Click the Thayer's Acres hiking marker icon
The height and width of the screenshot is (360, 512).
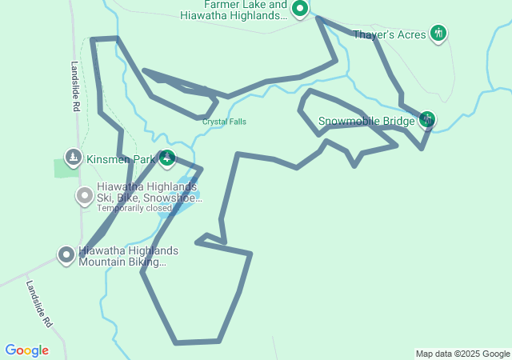tap(438, 33)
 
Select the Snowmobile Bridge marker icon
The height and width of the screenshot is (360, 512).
tap(427, 120)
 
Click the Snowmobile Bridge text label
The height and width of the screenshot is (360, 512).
tap(366, 122)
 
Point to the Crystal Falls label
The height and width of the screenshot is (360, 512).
tap(224, 122)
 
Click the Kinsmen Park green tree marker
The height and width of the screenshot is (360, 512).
tap(166, 158)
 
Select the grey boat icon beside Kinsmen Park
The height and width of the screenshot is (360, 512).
tap(73, 158)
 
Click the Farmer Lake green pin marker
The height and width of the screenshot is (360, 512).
tap(300, 9)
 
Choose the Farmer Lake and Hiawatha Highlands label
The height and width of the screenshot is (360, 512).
tap(234, 10)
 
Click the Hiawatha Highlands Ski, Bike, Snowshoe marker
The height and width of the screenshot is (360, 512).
tap(84, 195)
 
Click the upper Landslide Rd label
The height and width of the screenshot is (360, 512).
tap(74, 86)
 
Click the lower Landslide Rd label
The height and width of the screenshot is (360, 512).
tap(38, 304)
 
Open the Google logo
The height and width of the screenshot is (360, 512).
tap(26, 350)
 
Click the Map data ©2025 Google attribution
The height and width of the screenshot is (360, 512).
tap(462, 354)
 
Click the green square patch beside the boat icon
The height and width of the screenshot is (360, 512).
tap(62, 168)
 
